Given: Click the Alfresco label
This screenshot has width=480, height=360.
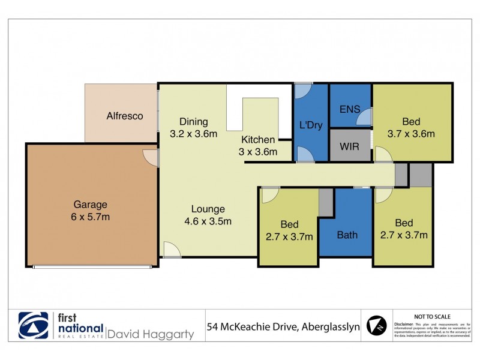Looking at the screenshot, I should pyautogui.click(x=125, y=116).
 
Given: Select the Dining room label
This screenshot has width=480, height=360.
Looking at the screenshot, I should pyautogui.click(x=193, y=122).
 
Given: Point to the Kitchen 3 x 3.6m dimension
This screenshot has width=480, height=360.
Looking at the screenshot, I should pyautogui.click(x=259, y=152).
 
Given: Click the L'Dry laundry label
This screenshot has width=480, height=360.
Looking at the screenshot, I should pyautogui.click(x=311, y=125).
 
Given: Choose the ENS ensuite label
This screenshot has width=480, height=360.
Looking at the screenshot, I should pyautogui.click(x=349, y=110).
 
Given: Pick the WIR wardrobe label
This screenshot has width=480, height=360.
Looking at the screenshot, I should pyautogui.click(x=350, y=146).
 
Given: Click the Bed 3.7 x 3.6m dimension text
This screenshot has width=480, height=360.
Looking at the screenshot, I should pyautogui.click(x=410, y=134).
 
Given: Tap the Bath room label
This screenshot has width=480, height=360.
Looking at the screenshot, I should pyautogui.click(x=347, y=235).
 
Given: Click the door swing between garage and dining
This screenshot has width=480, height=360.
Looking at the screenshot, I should pyautogui.click(x=150, y=157).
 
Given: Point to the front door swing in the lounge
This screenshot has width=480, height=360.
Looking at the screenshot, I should pyautogui.click(x=172, y=250).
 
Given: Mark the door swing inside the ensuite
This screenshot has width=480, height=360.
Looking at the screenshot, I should pyautogui.click(x=364, y=118).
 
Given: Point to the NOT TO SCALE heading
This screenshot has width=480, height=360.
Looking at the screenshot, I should pyautogui.click(x=432, y=316).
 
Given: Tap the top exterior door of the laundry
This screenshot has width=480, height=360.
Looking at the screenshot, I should pyautogui.click(x=304, y=89).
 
